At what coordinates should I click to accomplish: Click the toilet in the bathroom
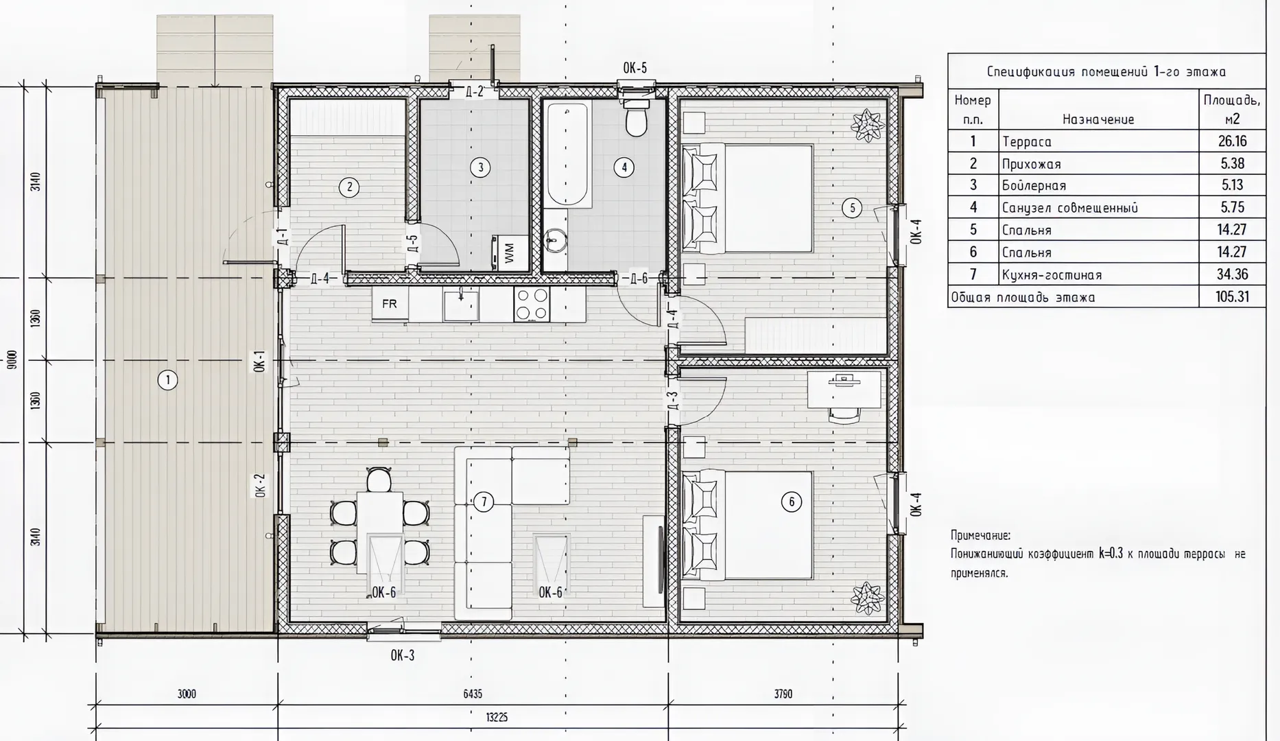[x=637, y=117]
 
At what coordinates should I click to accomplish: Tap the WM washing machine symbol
[x=509, y=253]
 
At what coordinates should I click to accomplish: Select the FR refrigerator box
[x=390, y=303]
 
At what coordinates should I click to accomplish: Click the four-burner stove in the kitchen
[x=532, y=304]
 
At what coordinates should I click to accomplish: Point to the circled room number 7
[x=484, y=502]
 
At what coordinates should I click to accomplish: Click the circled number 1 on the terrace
[x=167, y=379]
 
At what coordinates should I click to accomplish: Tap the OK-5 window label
[x=635, y=68]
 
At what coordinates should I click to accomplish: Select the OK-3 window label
[x=403, y=655]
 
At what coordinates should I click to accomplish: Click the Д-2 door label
[x=475, y=91]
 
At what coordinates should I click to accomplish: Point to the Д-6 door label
[x=639, y=278]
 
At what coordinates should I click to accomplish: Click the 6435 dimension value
[x=473, y=694]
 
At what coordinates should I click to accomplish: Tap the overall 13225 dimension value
[x=497, y=718]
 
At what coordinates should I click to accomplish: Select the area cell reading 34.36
[x=1232, y=274]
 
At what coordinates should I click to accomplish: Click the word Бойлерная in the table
[x=1034, y=186]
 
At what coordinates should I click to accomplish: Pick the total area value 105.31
[x=1232, y=297]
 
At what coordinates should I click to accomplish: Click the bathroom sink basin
[x=554, y=241]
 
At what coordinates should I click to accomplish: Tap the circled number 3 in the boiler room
[x=480, y=167]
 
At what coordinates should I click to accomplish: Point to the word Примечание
[x=980, y=536]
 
